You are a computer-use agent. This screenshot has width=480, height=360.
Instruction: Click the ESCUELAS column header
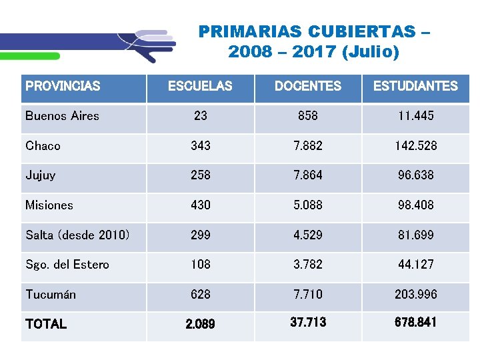pyautogui.click(x=200, y=86)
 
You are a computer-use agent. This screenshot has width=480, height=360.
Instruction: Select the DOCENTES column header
pyautogui.click(x=307, y=86)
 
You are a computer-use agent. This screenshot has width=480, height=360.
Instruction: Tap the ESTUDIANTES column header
pyautogui.click(x=415, y=86)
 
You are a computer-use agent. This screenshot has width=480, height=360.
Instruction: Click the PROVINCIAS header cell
pyautogui.click(x=63, y=86)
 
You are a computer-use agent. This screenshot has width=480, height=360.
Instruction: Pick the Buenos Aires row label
pyautogui.click(x=62, y=116)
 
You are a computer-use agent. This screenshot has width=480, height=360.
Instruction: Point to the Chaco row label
pyautogui.click(x=43, y=146)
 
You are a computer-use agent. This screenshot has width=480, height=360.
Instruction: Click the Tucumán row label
pyautogui.click(x=51, y=295)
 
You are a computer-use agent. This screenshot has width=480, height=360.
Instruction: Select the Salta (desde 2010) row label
pyautogui.click(x=77, y=235)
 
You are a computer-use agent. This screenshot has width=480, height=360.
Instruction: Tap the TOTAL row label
pyautogui.click(x=46, y=324)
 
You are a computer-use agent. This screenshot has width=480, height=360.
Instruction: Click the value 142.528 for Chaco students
pyautogui.click(x=415, y=146)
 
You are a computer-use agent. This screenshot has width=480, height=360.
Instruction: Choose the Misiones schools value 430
pyautogui.click(x=200, y=205)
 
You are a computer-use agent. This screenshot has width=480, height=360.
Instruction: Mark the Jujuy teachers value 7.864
pyautogui.click(x=307, y=175)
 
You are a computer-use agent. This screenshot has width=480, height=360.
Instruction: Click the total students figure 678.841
pyautogui.click(x=415, y=323)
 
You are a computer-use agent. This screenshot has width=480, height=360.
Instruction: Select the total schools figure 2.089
pyautogui.click(x=200, y=325)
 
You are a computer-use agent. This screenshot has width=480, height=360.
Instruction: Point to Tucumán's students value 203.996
pyautogui.click(x=415, y=295)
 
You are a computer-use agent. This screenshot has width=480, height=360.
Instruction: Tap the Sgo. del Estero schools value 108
pyautogui.click(x=200, y=265)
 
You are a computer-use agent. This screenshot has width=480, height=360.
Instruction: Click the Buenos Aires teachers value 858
pyautogui.click(x=307, y=116)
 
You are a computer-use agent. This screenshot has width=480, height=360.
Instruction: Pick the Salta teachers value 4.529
pyautogui.click(x=307, y=235)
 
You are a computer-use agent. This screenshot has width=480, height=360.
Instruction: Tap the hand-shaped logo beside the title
pyautogui.click(x=150, y=45)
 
